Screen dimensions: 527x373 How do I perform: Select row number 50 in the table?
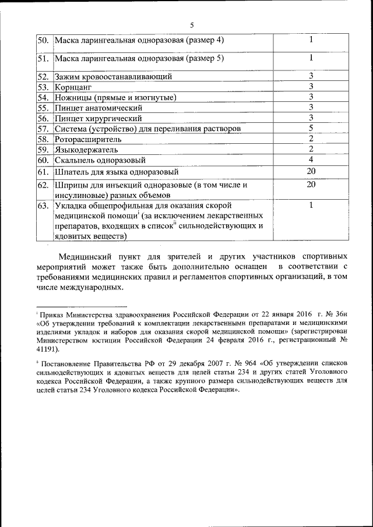coord(43,40)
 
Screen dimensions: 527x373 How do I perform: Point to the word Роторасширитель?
coord(88,139)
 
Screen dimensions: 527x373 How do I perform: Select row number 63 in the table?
coord(43,206)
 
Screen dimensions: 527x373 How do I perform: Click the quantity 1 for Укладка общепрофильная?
coord(311,205)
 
